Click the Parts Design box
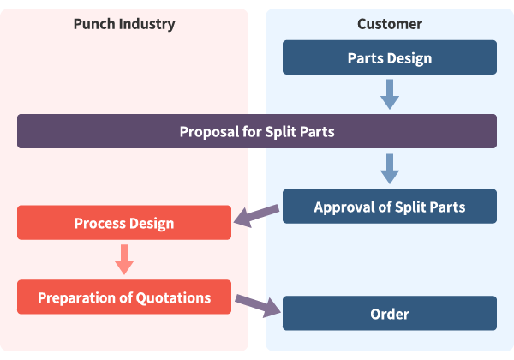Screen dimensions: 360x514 (x=390, y=57)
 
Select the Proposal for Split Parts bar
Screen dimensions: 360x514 (x=257, y=131)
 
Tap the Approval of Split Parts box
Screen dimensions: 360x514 (x=390, y=207)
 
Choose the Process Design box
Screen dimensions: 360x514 (x=124, y=223)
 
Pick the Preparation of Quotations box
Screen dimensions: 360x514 (x=124, y=297)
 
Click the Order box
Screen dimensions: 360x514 (x=390, y=314)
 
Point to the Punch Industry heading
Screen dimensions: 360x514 (x=124, y=23)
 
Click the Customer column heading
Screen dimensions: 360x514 (x=390, y=23)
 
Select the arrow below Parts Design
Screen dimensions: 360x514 (x=390, y=93)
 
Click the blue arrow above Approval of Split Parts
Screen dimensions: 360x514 (x=390, y=169)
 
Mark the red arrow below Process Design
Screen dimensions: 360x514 (x=124, y=259)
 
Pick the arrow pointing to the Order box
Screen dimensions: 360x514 (x=258, y=305)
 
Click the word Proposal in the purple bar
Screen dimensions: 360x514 (x=208, y=132)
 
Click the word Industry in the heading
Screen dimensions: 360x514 (x=146, y=23)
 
